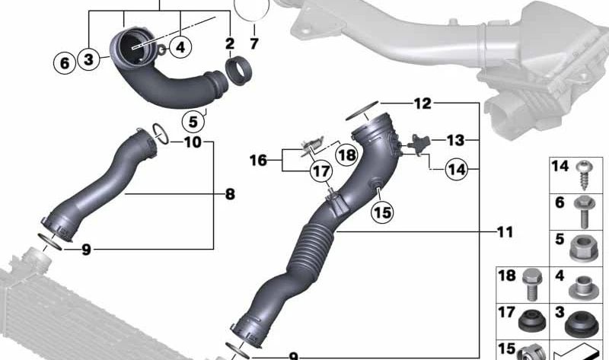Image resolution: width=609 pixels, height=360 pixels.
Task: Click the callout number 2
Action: click(x=230, y=43)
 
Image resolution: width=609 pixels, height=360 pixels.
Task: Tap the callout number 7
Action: click(x=254, y=43)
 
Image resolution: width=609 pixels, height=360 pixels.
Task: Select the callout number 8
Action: click(x=231, y=194)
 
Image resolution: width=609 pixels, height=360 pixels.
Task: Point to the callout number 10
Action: click(x=193, y=142)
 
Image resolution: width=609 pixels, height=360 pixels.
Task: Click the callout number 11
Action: click(x=505, y=232)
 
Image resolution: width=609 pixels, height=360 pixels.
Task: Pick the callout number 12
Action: click(x=422, y=104)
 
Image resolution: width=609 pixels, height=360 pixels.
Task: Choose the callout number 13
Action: click(x=455, y=140)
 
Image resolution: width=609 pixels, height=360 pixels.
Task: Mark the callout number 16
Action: click(x=258, y=160)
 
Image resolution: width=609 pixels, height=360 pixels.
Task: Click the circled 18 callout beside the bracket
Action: click(x=347, y=155)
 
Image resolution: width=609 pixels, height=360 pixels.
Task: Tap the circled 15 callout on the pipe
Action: click(x=382, y=212)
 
